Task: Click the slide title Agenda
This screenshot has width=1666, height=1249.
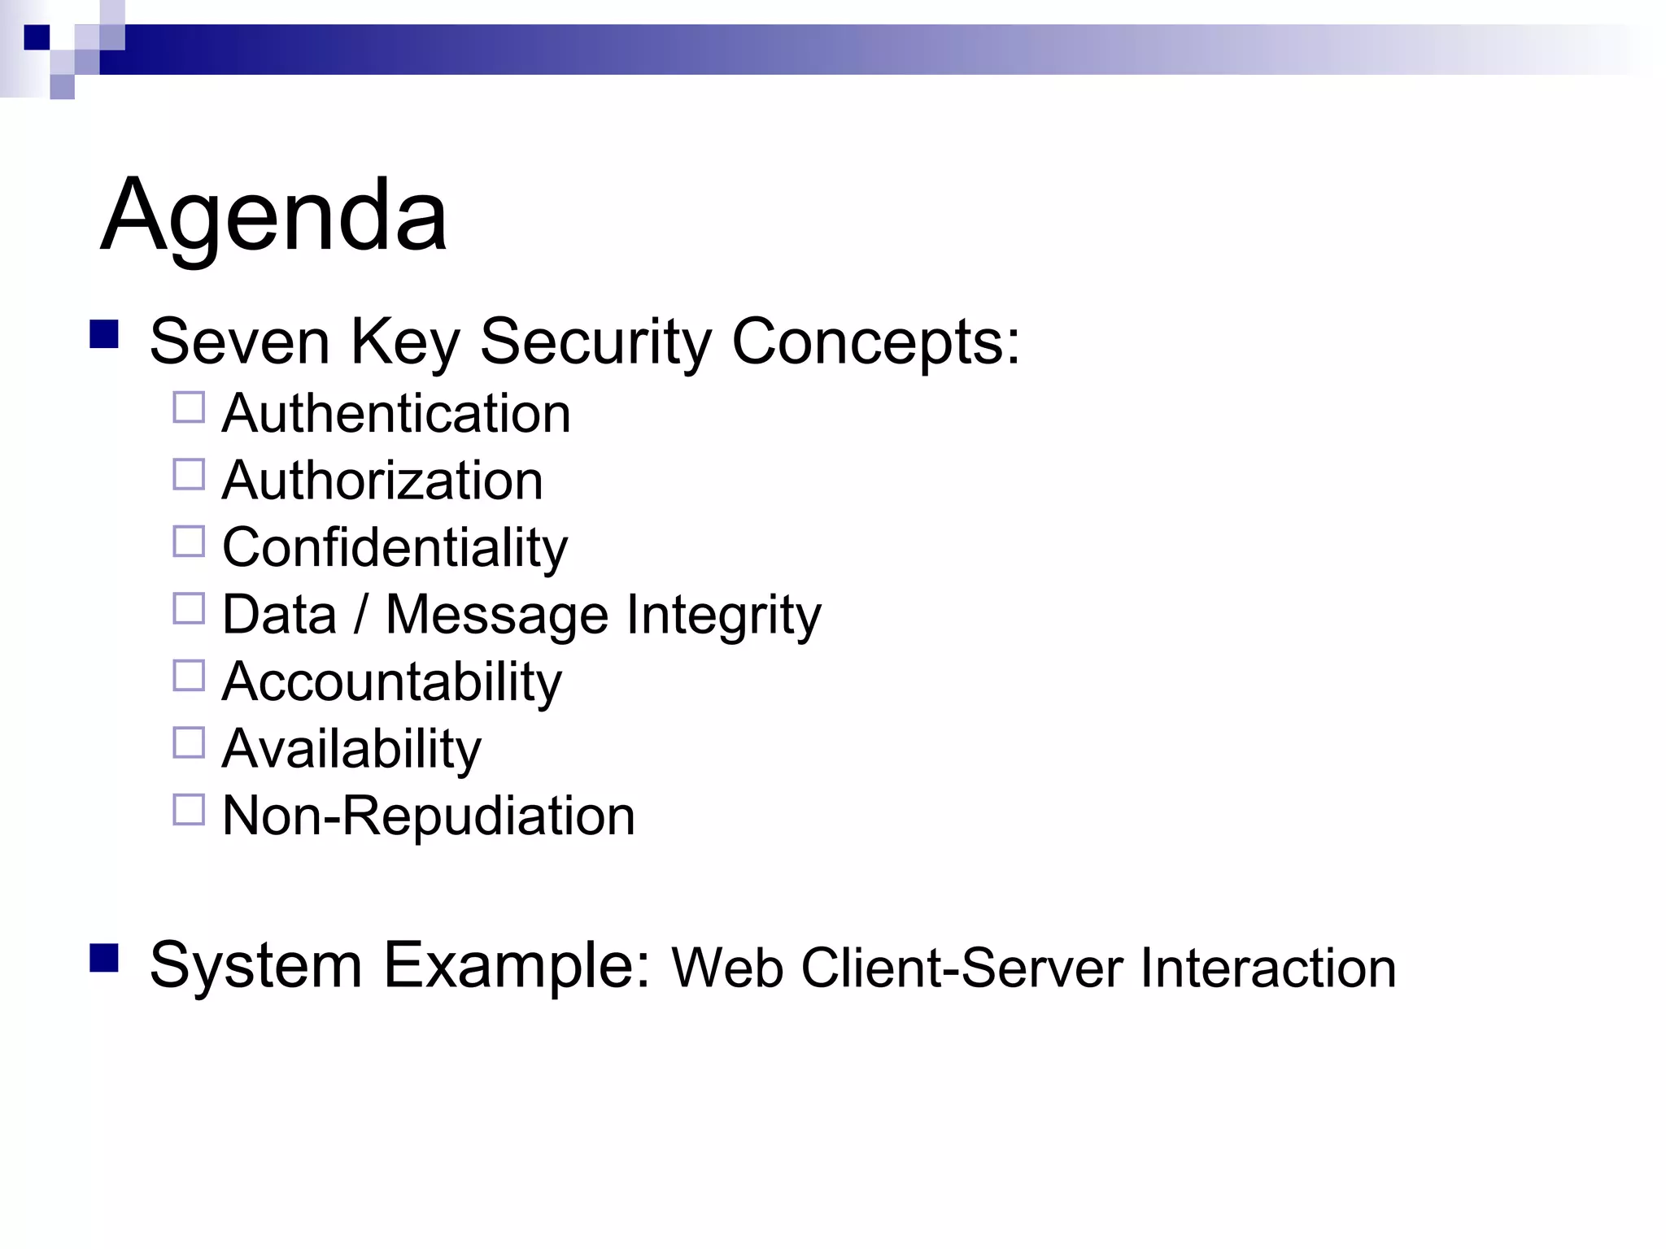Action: (273, 215)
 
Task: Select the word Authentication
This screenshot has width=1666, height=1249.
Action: (396, 414)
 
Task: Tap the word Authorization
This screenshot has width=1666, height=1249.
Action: (382, 481)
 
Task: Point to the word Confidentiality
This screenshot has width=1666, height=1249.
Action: (395, 548)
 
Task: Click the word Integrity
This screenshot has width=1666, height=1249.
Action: (723, 616)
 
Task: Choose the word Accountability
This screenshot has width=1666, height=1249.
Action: (391, 682)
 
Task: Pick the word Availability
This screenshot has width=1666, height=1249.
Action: (351, 749)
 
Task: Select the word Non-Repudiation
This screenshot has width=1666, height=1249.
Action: (428, 816)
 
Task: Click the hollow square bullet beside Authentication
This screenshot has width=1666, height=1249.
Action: (189, 407)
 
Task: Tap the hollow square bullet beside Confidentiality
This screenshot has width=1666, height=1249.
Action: (189, 542)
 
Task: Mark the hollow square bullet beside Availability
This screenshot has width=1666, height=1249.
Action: (189, 742)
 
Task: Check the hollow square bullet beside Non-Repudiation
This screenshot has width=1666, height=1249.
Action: (189, 810)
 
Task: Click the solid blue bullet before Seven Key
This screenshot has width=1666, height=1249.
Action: (104, 334)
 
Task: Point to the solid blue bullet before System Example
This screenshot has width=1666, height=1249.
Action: (104, 958)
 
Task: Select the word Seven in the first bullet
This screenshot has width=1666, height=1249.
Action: (239, 342)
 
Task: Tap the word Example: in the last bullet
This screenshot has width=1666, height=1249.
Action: (517, 966)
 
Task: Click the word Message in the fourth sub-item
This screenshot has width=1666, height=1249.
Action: (496, 616)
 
